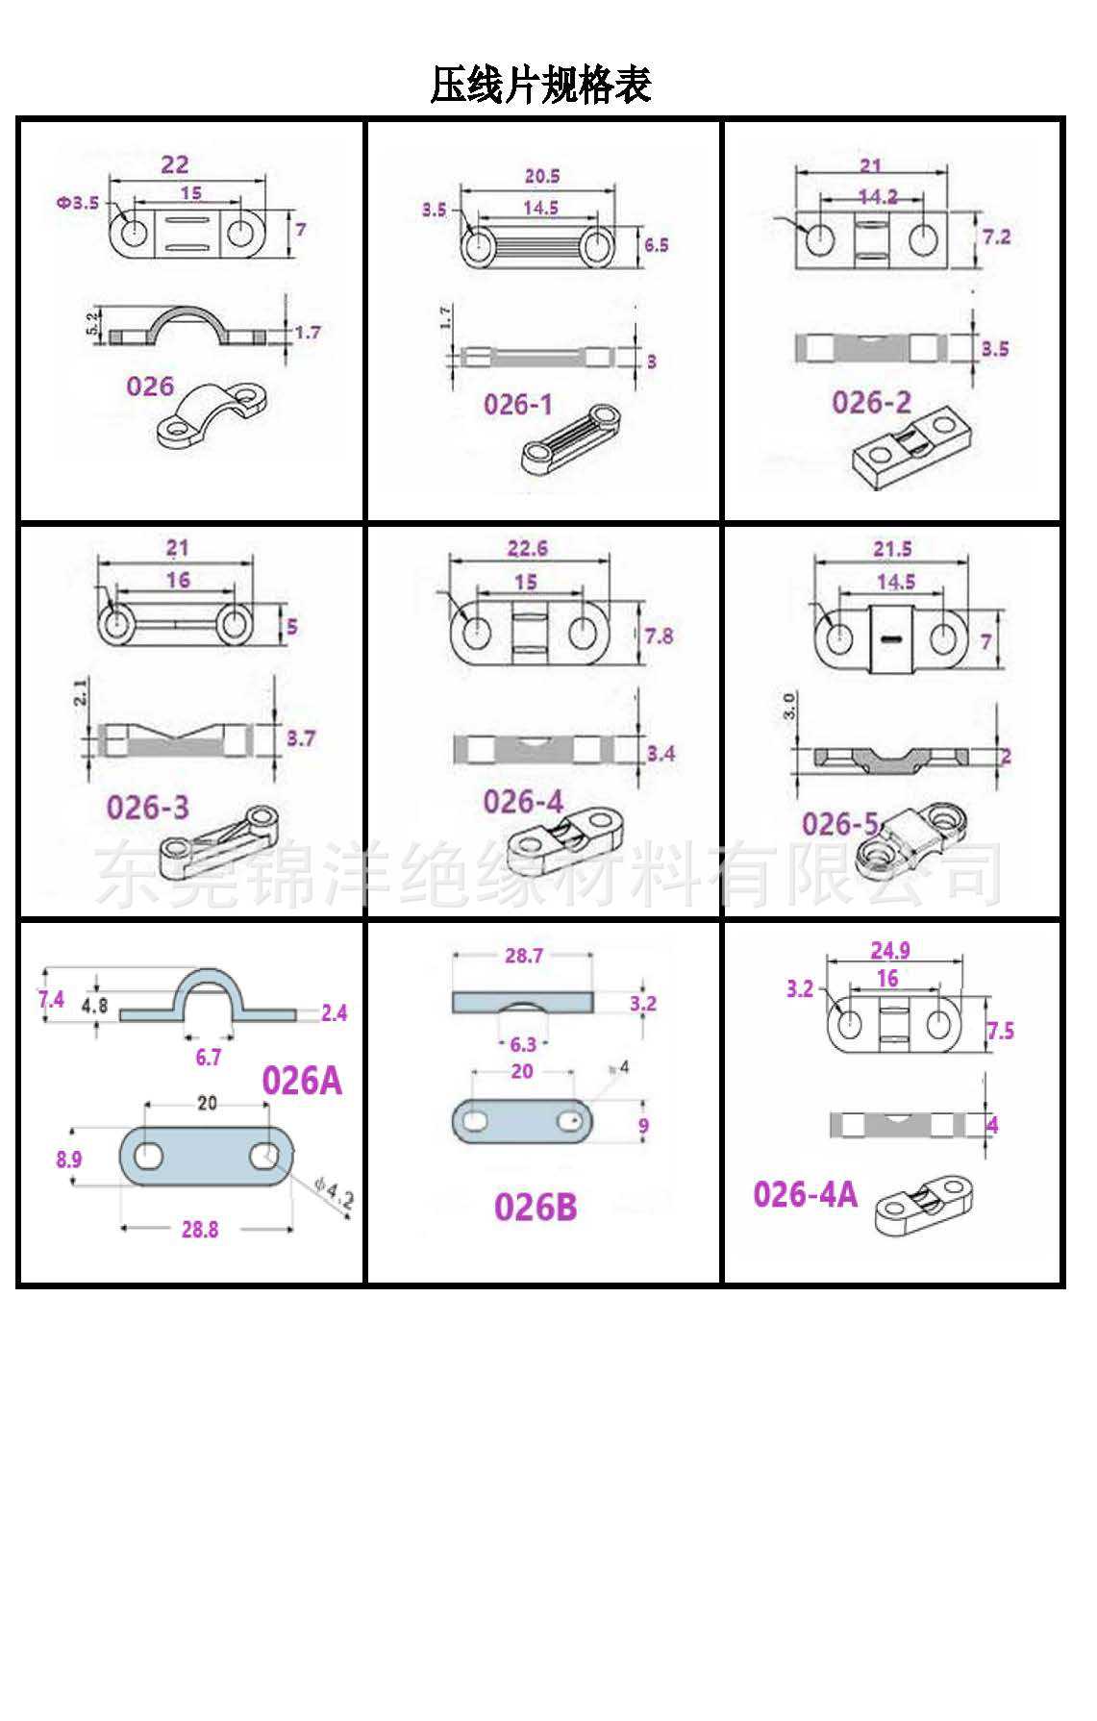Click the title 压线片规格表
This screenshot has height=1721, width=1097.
point(540,85)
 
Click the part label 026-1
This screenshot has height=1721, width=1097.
point(518,404)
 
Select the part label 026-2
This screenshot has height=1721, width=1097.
point(871,402)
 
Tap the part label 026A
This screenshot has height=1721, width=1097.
point(302,1081)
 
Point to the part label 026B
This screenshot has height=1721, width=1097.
point(536,1207)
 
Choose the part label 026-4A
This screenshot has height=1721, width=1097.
point(805,1194)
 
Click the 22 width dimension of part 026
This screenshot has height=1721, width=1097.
point(175,164)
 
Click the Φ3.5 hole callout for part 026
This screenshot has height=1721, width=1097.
point(78,203)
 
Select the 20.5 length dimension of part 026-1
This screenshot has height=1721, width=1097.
point(542,176)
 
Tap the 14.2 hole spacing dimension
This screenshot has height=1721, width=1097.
point(877,196)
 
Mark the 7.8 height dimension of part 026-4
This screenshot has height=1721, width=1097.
point(659,636)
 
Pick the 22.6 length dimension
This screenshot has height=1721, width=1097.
point(527,548)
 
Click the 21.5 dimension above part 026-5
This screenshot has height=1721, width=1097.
point(892,549)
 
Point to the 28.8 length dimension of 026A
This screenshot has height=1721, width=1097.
point(200,1229)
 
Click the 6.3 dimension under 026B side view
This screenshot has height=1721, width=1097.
point(523,1044)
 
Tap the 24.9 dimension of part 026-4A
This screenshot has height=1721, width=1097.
point(890,951)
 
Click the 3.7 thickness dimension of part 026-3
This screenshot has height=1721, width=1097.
point(301,738)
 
